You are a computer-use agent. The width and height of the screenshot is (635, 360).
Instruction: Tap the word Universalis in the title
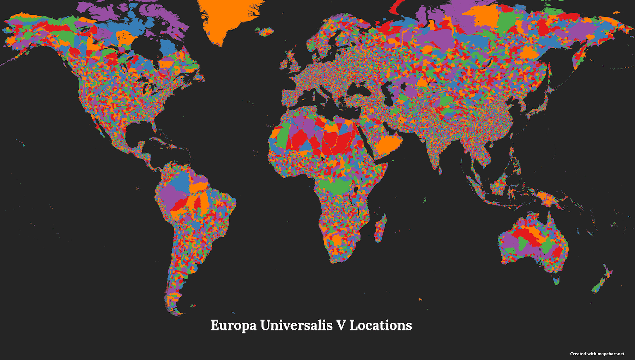pos(296,325)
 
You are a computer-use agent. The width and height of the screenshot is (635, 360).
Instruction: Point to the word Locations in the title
pos(381,325)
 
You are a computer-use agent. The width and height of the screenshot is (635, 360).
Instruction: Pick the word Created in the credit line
pos(577,354)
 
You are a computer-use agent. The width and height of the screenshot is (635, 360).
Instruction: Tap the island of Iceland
pos(265,32)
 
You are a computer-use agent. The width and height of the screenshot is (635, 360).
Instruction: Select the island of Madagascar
pos(381,228)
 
